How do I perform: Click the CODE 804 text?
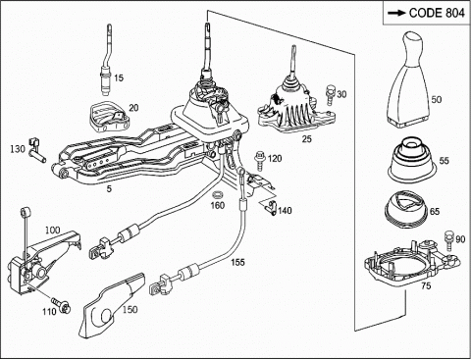tap(437, 13)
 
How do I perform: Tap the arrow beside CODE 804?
tap(396, 13)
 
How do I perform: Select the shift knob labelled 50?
tap(409, 78)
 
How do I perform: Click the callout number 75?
tap(426, 285)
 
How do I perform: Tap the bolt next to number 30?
tap(330, 94)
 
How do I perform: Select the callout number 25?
tap(306, 139)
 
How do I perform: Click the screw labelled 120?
tap(259, 160)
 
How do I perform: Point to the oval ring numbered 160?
tap(217, 194)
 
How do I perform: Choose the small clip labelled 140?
tap(272, 207)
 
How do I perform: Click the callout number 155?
tap(237, 262)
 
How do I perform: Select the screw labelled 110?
tap(62, 305)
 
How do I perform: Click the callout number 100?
tap(52, 230)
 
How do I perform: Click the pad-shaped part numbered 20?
tap(109, 116)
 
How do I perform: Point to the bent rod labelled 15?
tap(106, 61)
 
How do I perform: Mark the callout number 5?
tap(109, 188)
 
